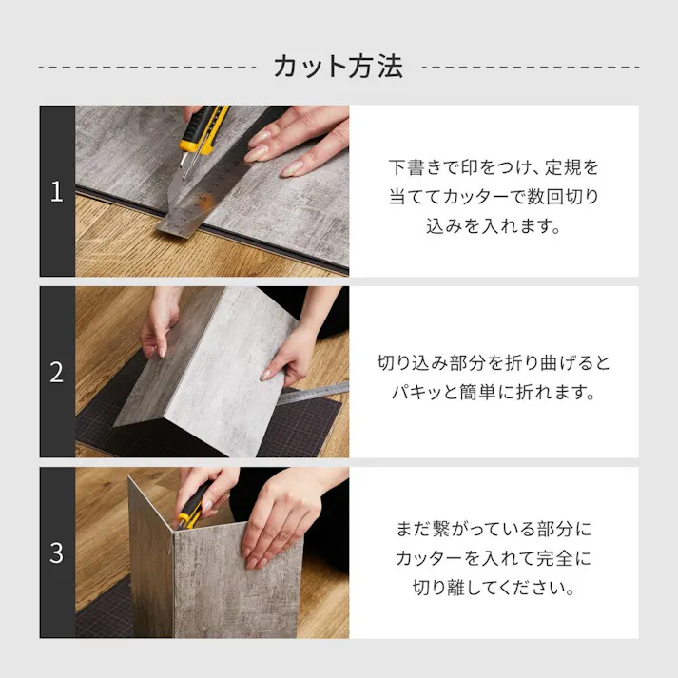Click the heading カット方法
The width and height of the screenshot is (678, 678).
(x=338, y=66)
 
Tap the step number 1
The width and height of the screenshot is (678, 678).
(x=56, y=191)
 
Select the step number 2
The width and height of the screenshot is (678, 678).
(x=56, y=372)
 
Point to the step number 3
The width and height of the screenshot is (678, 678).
(x=56, y=552)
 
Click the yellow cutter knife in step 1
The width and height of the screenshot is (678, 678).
(x=203, y=129)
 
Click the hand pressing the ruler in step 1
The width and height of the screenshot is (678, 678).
(x=295, y=143)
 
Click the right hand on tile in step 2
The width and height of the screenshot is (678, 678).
(x=290, y=357)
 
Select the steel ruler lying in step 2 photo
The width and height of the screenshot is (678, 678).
(x=314, y=393)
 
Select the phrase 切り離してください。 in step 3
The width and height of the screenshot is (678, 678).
(x=494, y=588)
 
